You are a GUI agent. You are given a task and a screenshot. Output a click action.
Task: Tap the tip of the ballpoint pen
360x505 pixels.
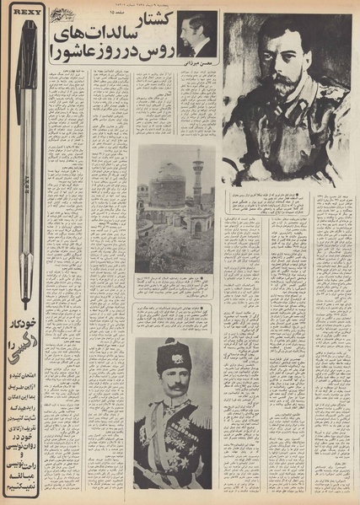point(27,304)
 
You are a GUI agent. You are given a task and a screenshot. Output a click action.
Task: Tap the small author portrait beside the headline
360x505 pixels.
point(198,35)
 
